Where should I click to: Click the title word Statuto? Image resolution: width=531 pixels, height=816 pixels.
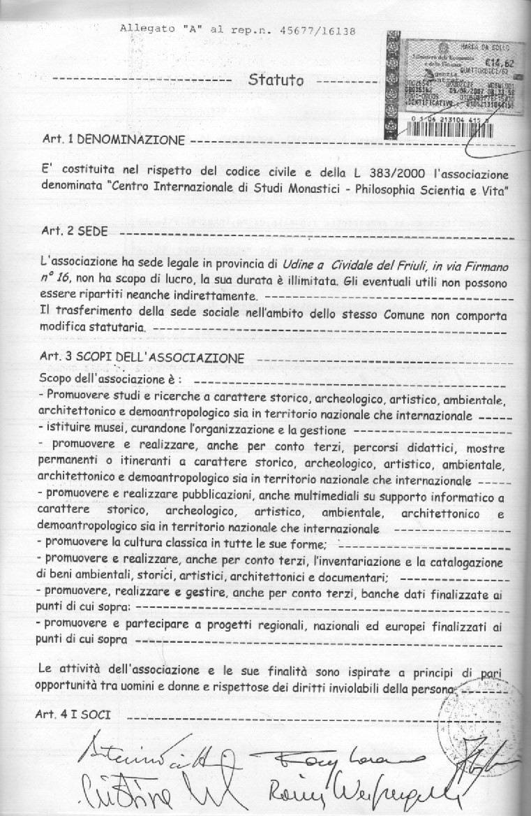point(276,80)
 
